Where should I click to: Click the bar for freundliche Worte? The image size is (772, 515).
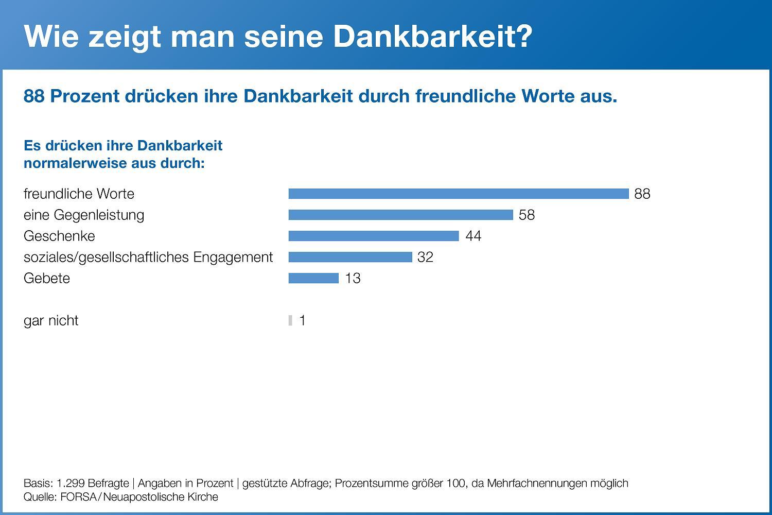459,194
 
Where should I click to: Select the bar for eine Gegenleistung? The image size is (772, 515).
400,215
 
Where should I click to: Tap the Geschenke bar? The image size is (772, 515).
373,236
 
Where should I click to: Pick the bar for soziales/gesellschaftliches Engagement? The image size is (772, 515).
350,257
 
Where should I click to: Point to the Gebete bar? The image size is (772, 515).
313,278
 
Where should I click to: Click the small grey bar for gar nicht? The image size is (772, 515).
290,320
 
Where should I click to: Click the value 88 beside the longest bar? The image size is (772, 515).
642,194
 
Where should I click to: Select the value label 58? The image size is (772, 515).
527,215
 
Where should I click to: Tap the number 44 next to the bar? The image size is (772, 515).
473,236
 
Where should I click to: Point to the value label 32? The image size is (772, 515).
425,257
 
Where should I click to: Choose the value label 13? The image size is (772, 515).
353,278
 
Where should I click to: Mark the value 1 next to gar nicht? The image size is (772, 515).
303,320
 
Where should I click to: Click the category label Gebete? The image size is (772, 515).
47,278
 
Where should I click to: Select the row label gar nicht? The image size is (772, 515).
51,320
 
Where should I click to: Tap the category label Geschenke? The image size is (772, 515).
59,236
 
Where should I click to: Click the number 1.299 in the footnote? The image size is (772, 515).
71,483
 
